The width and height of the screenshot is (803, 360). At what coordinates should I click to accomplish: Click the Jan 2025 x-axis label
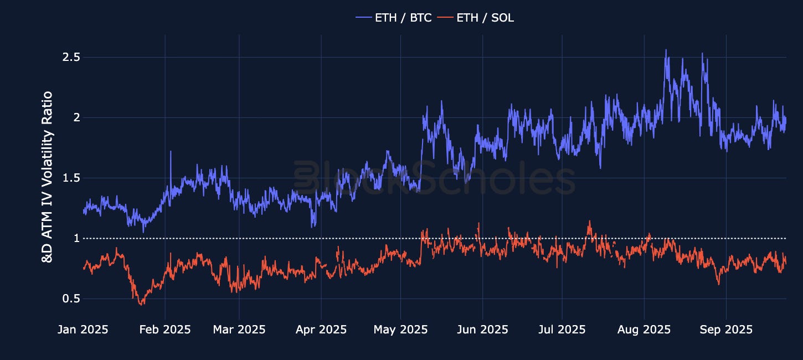pyautogui.click(x=83, y=330)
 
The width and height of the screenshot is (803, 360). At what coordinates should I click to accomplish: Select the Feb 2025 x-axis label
pyautogui.click(x=165, y=330)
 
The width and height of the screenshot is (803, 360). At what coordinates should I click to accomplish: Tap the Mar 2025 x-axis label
pyautogui.click(x=239, y=330)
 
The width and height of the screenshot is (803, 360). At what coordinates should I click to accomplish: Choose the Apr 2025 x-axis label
pyautogui.click(x=321, y=330)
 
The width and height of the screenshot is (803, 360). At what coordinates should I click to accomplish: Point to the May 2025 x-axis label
pyautogui.click(x=400, y=330)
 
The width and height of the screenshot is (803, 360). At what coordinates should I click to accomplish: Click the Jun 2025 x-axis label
pyautogui.click(x=482, y=330)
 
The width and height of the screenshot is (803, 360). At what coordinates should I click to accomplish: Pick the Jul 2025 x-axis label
pyautogui.click(x=562, y=330)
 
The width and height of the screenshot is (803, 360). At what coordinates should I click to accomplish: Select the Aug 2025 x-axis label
pyautogui.click(x=644, y=330)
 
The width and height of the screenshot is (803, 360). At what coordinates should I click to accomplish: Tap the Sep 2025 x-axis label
pyautogui.click(x=726, y=330)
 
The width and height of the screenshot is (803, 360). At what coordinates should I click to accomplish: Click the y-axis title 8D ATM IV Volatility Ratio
pyautogui.click(x=48, y=177)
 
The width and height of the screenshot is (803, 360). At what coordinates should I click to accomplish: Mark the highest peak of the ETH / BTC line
pyautogui.click(x=666, y=50)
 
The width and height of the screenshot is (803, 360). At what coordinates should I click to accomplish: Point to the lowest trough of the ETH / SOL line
pyautogui.click(x=141, y=304)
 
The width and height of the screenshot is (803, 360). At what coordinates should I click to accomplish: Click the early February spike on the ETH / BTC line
pyautogui.click(x=171, y=151)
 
